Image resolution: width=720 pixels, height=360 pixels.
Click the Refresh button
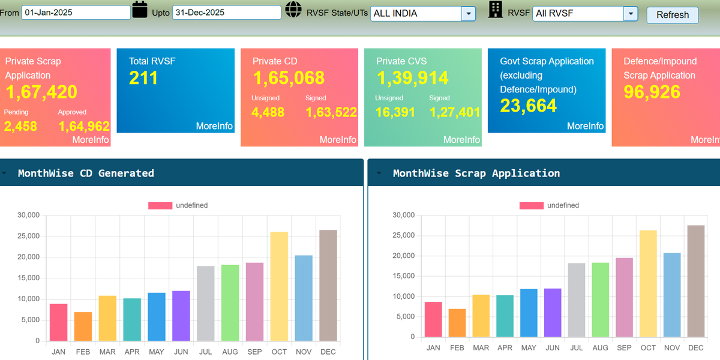point(673,15)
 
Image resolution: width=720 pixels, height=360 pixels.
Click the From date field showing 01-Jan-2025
point(76,13)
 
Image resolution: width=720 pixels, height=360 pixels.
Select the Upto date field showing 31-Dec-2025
point(227,13)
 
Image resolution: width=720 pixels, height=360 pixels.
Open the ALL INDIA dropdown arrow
point(469,13)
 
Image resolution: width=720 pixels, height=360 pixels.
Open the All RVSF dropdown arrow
point(631,13)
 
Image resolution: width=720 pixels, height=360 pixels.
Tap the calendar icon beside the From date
point(140,10)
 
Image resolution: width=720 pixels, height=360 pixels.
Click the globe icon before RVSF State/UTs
point(293,10)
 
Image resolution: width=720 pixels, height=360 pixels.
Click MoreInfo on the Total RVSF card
point(214,126)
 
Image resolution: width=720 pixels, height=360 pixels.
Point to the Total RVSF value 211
point(143,78)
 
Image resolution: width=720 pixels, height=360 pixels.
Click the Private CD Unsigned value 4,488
point(268,112)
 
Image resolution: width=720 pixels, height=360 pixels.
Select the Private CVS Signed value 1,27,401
point(455,112)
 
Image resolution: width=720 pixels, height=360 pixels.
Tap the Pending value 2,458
point(20,127)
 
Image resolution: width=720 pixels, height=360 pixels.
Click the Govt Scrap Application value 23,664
point(528,106)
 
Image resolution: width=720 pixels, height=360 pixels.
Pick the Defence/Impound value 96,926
point(652,92)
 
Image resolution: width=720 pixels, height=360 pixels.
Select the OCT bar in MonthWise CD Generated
point(279,286)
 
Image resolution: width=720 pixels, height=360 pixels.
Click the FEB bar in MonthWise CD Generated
point(83,326)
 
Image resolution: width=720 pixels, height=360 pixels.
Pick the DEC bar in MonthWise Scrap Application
point(696,281)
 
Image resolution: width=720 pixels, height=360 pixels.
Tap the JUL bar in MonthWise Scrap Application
point(577,300)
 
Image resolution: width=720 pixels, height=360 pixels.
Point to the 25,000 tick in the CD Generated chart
point(29,236)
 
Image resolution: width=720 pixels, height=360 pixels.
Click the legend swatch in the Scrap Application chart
point(532,205)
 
